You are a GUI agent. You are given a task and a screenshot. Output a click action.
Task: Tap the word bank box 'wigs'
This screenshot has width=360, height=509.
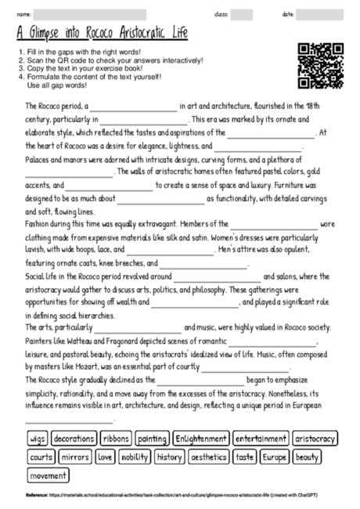38,439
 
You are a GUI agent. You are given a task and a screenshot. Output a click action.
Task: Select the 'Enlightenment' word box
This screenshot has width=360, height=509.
201,439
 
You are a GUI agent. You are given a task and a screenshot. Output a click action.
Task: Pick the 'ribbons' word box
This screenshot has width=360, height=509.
115,439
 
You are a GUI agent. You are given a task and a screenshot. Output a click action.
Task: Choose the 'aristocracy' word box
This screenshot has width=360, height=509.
315,439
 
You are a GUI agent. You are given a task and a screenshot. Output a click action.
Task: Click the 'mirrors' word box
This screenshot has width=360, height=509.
75,457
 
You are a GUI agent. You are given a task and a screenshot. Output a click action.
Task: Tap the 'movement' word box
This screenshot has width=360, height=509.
48,475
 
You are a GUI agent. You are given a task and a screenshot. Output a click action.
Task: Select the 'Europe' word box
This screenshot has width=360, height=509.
275,457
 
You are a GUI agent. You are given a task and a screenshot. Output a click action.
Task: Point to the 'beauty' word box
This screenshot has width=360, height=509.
308,457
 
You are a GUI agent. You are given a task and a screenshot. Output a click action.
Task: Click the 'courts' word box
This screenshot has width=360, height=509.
41,457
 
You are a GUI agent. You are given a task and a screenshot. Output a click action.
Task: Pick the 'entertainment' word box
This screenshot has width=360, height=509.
261,439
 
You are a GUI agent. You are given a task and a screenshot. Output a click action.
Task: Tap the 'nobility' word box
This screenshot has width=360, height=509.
135,457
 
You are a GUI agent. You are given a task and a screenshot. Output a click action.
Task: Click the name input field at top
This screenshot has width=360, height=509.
90,15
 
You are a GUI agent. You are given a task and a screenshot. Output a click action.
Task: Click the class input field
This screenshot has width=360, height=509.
242,15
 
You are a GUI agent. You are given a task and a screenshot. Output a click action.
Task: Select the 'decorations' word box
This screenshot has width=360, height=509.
74,439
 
